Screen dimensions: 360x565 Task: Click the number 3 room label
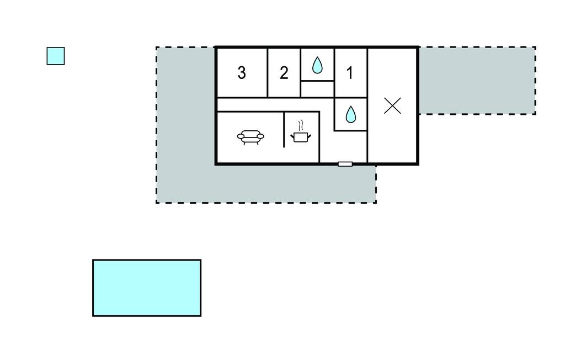242,72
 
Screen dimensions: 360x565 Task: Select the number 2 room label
284,72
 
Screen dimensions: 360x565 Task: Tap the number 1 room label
350,72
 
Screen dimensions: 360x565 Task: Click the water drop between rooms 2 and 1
317,66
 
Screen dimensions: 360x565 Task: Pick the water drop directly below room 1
350,114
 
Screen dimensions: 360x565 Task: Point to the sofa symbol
250,136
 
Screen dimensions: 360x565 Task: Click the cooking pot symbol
301,136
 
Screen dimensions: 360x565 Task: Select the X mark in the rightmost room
392,105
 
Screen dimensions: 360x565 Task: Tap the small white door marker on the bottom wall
345,164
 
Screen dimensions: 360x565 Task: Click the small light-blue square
56,56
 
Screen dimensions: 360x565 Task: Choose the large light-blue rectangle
147,288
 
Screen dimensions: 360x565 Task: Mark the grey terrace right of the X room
477,81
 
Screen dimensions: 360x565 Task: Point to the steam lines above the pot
301,125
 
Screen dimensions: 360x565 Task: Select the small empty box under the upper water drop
317,89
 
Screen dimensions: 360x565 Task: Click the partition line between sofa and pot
284,130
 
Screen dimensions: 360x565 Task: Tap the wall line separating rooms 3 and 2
268,72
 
